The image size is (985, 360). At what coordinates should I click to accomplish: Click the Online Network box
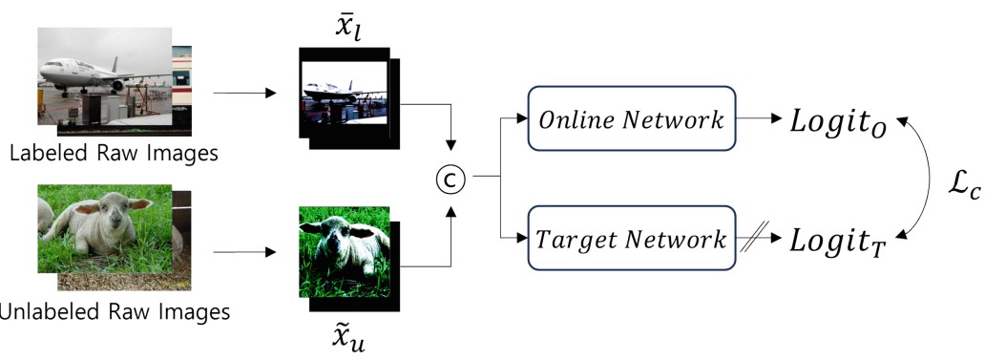631,121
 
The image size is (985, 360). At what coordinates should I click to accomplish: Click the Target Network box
631,239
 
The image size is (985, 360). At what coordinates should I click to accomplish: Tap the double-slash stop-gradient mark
755,239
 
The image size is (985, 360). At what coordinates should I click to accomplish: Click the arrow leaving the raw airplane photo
243,94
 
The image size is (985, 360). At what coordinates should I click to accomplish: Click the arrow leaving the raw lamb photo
243,254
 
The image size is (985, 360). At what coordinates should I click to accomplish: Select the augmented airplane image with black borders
344,95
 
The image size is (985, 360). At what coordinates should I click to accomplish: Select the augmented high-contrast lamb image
344,252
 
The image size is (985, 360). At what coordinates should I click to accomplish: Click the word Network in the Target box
681,239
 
